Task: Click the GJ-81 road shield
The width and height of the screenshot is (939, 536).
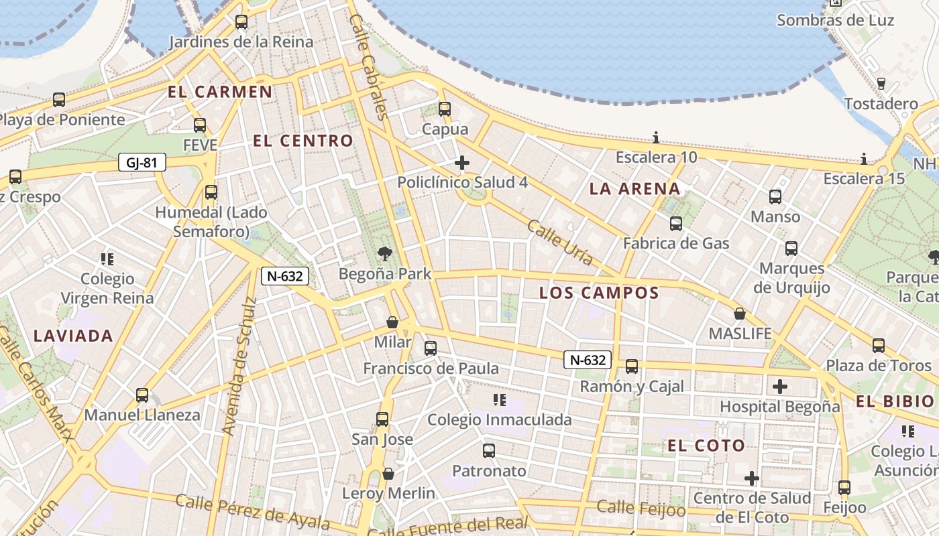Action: (142, 162)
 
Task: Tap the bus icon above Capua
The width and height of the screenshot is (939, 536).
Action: (444, 109)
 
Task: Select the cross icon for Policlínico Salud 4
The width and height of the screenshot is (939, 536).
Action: (461, 163)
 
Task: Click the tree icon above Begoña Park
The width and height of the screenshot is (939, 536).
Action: (384, 254)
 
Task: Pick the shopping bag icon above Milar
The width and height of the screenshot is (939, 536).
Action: (392, 322)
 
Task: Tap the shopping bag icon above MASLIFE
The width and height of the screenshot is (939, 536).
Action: (740, 314)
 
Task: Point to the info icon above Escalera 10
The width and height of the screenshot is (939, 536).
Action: (656, 138)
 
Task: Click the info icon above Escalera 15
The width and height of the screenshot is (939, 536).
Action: (864, 159)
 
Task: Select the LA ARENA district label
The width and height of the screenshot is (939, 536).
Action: (634, 189)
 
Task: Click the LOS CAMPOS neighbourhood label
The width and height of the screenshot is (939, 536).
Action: (599, 293)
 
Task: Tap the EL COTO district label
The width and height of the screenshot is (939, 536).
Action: (706, 446)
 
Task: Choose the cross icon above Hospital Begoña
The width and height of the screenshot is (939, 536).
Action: (779, 387)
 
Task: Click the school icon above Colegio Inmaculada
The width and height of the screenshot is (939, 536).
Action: (499, 400)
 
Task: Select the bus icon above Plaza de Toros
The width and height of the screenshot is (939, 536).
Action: (878, 346)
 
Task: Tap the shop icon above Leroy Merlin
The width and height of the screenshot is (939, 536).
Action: (388, 474)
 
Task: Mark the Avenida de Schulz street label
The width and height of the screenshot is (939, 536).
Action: (239, 366)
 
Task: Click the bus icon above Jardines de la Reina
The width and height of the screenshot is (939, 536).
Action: (241, 22)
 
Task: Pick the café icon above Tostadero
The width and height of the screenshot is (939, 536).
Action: (881, 84)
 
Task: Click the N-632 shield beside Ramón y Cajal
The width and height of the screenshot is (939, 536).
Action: (588, 360)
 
